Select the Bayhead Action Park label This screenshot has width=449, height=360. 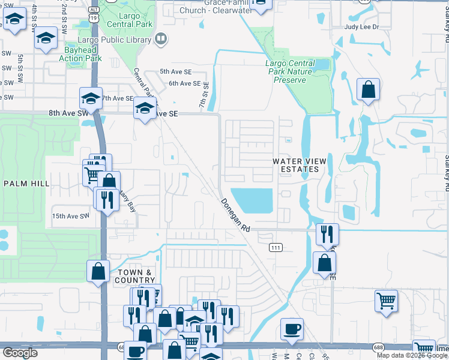point(80,54)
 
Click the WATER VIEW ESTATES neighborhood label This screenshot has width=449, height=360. point(295,165)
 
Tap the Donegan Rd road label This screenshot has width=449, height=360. point(235,215)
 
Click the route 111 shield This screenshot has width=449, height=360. point(276,247)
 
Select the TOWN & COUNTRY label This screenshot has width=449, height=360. point(135,276)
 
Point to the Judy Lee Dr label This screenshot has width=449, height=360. point(362,27)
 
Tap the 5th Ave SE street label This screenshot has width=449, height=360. point(175,71)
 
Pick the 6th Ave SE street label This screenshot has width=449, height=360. point(184,83)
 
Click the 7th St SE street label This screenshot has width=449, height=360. point(204,95)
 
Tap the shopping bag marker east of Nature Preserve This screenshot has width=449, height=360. point(368,90)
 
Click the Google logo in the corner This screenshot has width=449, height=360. point(20,353)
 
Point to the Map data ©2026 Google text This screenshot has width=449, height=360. point(412,355)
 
